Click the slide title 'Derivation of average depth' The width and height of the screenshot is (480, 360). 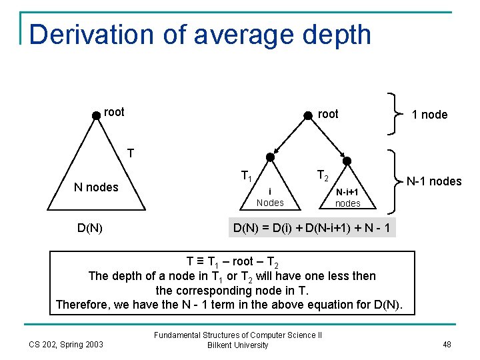pos(200,35)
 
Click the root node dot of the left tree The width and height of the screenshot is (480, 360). pos(97,114)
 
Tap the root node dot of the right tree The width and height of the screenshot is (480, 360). pos(307,115)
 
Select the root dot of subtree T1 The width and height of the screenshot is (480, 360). pos(270,157)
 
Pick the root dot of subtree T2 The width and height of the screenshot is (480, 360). pos(347,161)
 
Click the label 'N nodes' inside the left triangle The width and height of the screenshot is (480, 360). pos(96,187)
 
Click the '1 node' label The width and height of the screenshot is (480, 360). pos(429,115)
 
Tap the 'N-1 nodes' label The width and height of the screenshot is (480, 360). pos(434,181)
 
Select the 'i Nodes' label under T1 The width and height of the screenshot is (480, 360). pos(270,197)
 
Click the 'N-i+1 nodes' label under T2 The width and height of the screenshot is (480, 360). pos(347,198)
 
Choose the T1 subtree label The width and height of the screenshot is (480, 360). pos(246,177)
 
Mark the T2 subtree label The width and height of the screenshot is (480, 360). pos(323,175)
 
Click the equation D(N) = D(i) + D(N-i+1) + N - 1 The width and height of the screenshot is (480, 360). pos(313,229)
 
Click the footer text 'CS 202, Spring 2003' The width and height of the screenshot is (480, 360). pos(66,345)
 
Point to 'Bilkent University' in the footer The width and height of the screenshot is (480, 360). pos(237,345)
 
